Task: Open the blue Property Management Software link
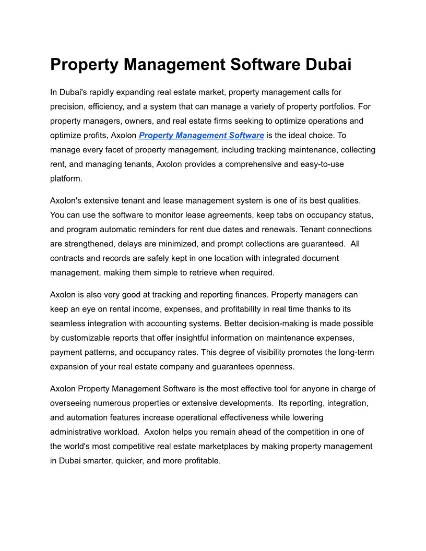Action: (201, 135)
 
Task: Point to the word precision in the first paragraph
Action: (66, 106)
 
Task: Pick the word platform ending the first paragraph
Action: (65, 178)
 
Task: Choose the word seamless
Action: (68, 324)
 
